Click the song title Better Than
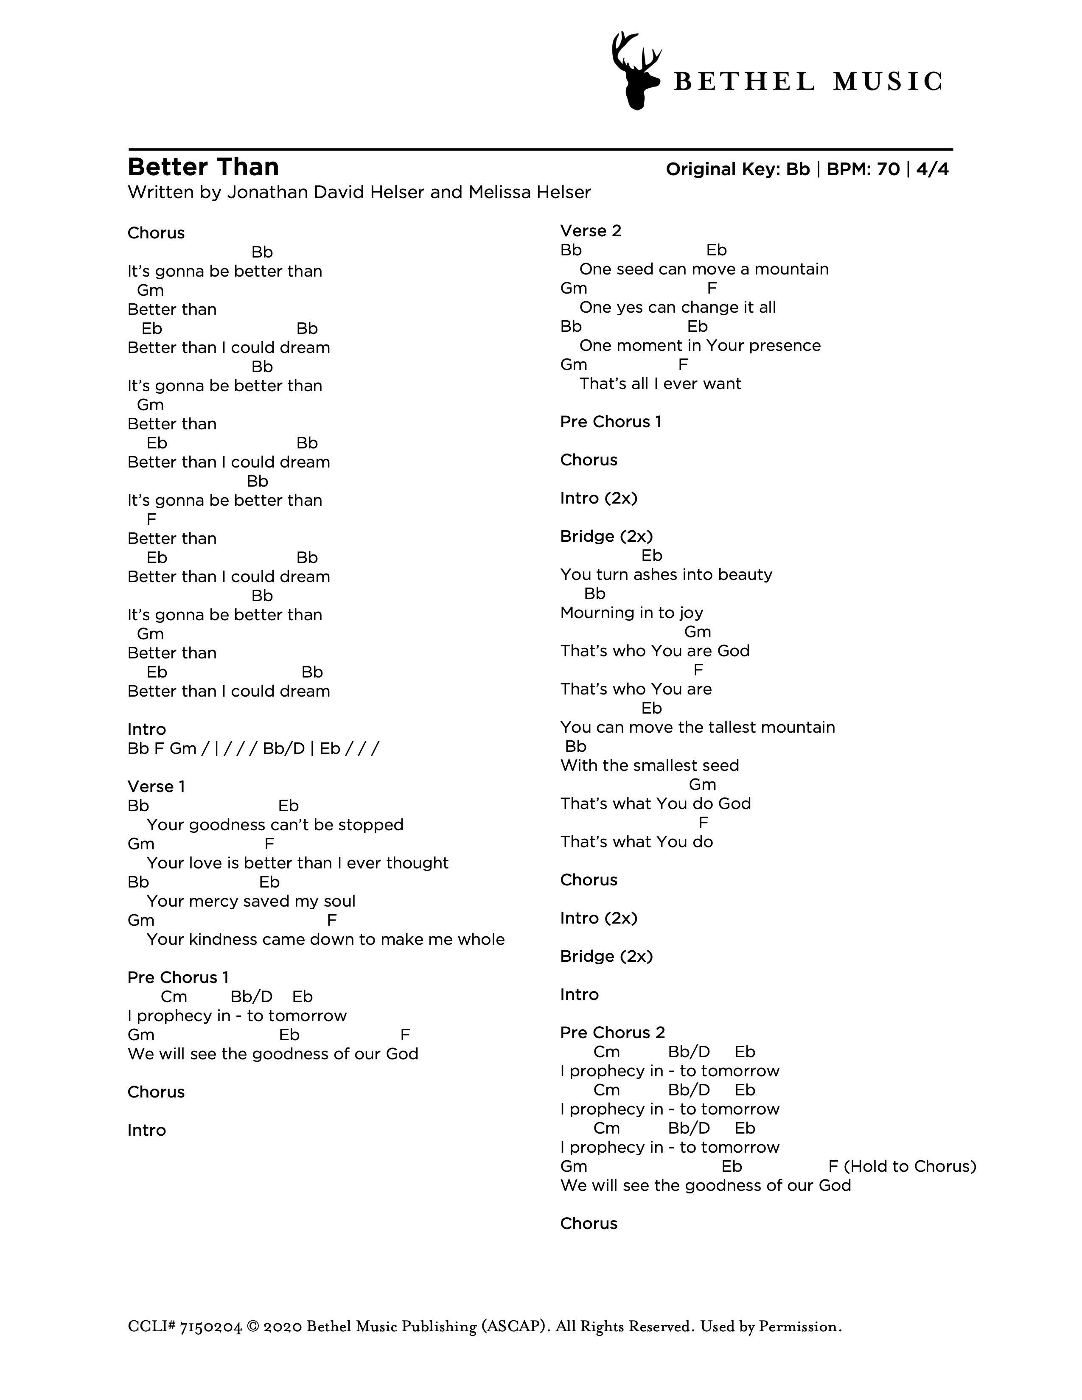[203, 167]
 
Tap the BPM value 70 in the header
[888, 169]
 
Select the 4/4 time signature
[932, 169]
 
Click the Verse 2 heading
[590, 231]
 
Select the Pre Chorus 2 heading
[612, 1033]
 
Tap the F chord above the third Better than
[151, 519]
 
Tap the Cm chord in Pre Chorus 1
[174, 997]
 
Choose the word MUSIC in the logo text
[887, 82]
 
